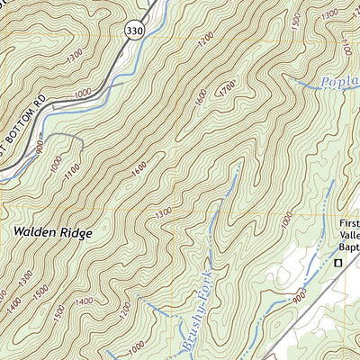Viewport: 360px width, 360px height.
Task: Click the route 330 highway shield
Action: tap(134, 31)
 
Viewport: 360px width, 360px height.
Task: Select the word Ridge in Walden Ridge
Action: tap(76, 231)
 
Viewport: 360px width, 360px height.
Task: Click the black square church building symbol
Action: tap(339, 263)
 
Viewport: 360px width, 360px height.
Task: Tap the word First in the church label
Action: tap(348, 223)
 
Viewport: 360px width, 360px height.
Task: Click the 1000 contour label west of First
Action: tap(286, 220)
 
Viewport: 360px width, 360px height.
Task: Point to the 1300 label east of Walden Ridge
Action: tap(163, 213)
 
